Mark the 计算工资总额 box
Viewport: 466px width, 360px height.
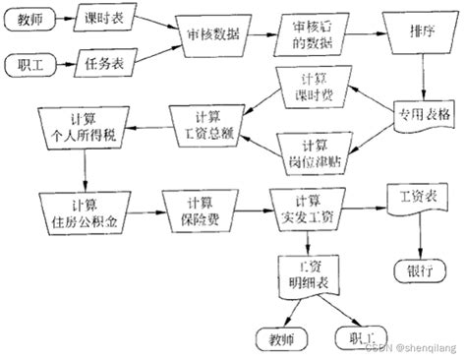tap(204, 125)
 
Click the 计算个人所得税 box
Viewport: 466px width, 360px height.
tap(82, 125)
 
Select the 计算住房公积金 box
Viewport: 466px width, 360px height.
tap(82, 209)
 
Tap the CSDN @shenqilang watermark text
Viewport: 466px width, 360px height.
tap(412, 346)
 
